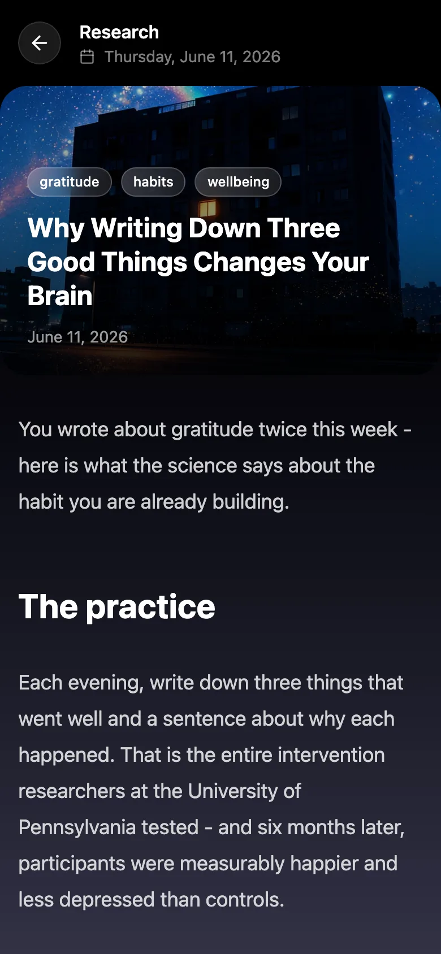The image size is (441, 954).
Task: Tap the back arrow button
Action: [39, 43]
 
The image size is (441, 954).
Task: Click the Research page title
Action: [119, 32]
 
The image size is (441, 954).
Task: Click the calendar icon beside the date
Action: [87, 57]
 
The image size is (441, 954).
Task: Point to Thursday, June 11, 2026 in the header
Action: [192, 57]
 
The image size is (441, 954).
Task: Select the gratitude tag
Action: [70, 182]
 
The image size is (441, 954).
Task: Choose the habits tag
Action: [153, 182]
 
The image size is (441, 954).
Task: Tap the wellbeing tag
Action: [238, 182]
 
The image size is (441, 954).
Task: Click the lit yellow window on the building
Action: [207, 208]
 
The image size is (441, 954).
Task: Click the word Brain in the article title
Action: [60, 296]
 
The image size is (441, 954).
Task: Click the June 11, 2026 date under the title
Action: [77, 337]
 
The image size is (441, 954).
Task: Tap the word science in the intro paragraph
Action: [202, 466]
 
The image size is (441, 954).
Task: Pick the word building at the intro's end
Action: [250, 502]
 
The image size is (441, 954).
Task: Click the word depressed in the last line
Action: [106, 900]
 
